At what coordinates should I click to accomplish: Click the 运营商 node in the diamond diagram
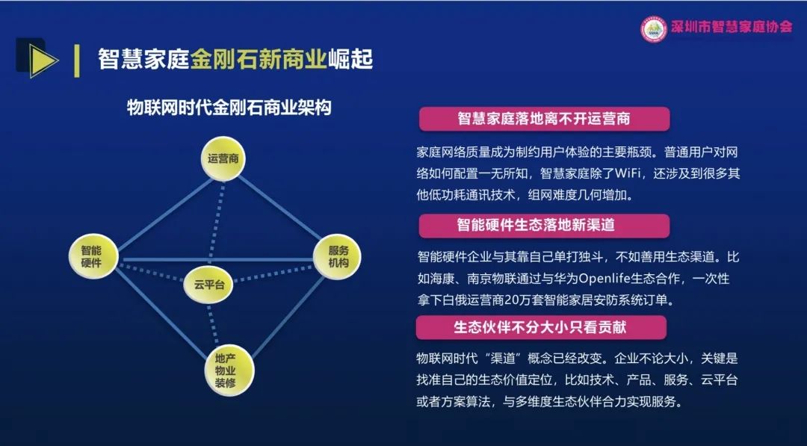223,158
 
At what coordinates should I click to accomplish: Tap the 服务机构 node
337,256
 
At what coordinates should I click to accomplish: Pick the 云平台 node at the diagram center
208,285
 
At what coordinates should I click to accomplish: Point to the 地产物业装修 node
229,370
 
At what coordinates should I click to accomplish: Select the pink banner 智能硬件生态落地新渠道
544,226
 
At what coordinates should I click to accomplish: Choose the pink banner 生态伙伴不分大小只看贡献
541,328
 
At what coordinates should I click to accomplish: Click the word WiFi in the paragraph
626,174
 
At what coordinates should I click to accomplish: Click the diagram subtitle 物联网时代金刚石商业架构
229,108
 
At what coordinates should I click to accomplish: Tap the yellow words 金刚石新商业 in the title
259,60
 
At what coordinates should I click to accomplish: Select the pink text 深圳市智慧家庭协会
732,27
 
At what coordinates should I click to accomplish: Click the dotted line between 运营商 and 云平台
217,224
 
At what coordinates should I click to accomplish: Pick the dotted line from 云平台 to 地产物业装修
212,324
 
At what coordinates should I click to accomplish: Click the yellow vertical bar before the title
77,61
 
